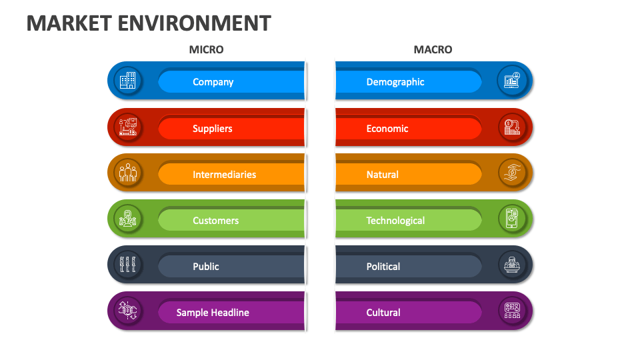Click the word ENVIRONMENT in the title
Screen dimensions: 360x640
coord(195,23)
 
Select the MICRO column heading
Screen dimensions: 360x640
coord(206,49)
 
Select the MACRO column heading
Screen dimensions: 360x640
coord(433,49)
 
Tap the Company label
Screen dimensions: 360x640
coord(213,82)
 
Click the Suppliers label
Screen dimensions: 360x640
coord(212,129)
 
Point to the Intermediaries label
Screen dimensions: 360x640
coord(224,175)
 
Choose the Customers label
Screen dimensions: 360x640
coord(215,221)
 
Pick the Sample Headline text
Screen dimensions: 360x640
coord(213,313)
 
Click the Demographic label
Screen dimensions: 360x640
coord(395,82)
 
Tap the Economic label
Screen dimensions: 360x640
coord(387,129)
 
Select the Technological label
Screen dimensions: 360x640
coord(395,221)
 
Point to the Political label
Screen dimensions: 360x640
coord(383,267)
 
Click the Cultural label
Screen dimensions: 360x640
coord(383,313)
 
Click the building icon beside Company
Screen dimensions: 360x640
coord(127,81)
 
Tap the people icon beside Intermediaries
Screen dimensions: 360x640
coord(127,173)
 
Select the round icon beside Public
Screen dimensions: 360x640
coord(127,265)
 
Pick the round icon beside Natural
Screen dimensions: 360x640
coord(512,173)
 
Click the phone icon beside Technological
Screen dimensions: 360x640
coord(512,219)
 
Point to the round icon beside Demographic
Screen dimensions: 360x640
coord(512,81)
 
